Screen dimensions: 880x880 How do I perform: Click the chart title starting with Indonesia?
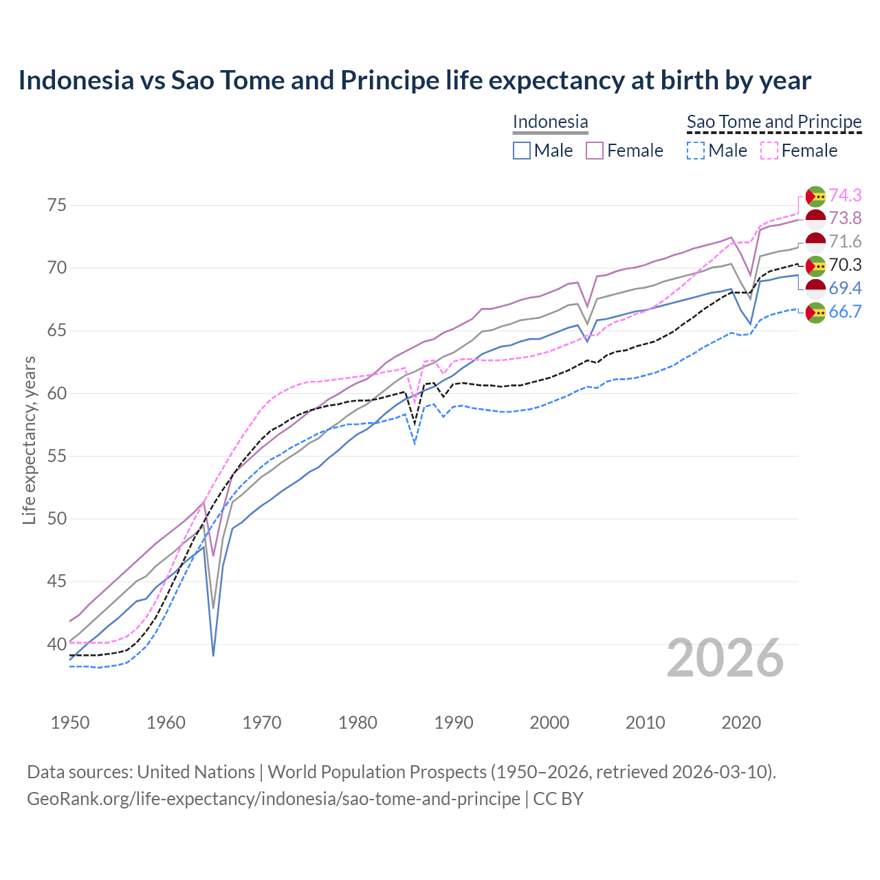[415, 80]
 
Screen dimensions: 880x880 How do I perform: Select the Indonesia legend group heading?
[550, 122]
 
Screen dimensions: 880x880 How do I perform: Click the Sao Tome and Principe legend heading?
[774, 122]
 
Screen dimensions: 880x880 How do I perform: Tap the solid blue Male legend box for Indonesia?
[522, 151]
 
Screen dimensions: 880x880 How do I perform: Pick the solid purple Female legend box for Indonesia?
[595, 151]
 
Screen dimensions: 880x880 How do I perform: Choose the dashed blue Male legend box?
[696, 151]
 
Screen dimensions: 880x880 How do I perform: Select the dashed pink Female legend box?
[769, 151]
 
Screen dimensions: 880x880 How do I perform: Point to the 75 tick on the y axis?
[57, 205]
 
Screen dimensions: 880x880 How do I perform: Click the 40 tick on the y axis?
[57, 644]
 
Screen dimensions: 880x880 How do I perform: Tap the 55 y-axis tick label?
[57, 456]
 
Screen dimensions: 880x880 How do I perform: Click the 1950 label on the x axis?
[70, 723]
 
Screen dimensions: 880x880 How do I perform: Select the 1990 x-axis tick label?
[454, 723]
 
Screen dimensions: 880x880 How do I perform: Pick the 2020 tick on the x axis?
[741, 723]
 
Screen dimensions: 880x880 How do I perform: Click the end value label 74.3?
[845, 195]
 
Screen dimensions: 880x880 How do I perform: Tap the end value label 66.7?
[845, 311]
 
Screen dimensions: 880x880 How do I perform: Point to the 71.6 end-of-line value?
[845, 241]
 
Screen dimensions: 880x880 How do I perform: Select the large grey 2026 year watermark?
[725, 658]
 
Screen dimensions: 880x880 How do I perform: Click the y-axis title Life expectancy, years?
[29, 440]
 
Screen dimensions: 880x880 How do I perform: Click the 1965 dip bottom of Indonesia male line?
[214, 655]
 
